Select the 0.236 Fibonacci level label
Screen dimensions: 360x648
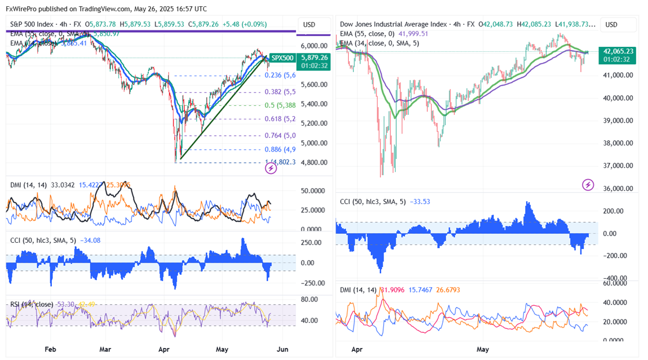click(x=280, y=75)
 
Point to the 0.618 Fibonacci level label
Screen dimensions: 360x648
click(x=280, y=119)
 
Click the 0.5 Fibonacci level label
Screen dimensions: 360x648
click(x=281, y=105)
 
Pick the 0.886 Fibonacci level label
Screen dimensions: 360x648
click(x=280, y=149)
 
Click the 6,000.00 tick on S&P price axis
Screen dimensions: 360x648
click(x=314, y=46)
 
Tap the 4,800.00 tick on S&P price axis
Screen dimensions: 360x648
click(x=314, y=162)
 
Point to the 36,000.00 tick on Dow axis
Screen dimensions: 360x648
click(x=618, y=189)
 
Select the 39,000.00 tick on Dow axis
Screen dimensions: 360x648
click(x=618, y=121)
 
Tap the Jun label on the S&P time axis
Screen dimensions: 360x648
click(x=282, y=349)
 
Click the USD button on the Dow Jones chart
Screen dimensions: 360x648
click(x=611, y=25)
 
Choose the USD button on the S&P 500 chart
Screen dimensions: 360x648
click(x=309, y=25)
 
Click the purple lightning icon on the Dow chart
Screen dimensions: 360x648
click(x=588, y=184)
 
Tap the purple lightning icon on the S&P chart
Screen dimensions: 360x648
click(x=271, y=168)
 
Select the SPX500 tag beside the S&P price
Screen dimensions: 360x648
click(x=282, y=57)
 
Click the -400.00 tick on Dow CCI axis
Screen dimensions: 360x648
click(x=616, y=278)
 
